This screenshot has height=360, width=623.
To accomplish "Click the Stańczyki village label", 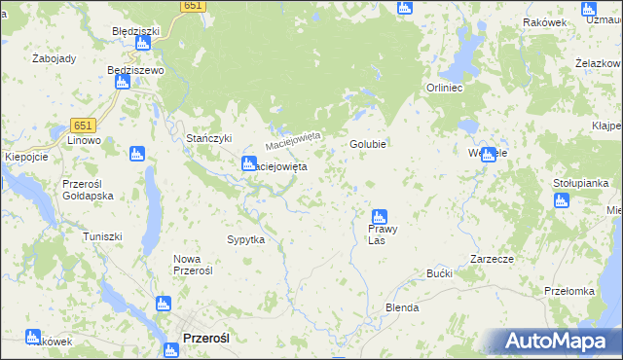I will coord(208,138).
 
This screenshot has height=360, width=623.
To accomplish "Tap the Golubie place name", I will coord(369,144).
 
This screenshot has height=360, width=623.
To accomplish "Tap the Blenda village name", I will coord(402,307).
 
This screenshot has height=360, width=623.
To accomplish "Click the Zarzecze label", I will coord(492,260).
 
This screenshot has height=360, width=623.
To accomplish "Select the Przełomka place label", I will coord(569,291).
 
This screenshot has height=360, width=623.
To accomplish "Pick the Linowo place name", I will coord(84,141).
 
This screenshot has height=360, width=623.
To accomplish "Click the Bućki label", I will coord(440,274).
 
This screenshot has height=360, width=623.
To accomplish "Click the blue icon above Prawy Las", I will coord(380,217).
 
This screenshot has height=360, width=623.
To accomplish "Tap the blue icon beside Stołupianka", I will coord(561,200).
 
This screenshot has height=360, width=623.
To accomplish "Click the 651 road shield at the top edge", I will coord(193,6).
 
